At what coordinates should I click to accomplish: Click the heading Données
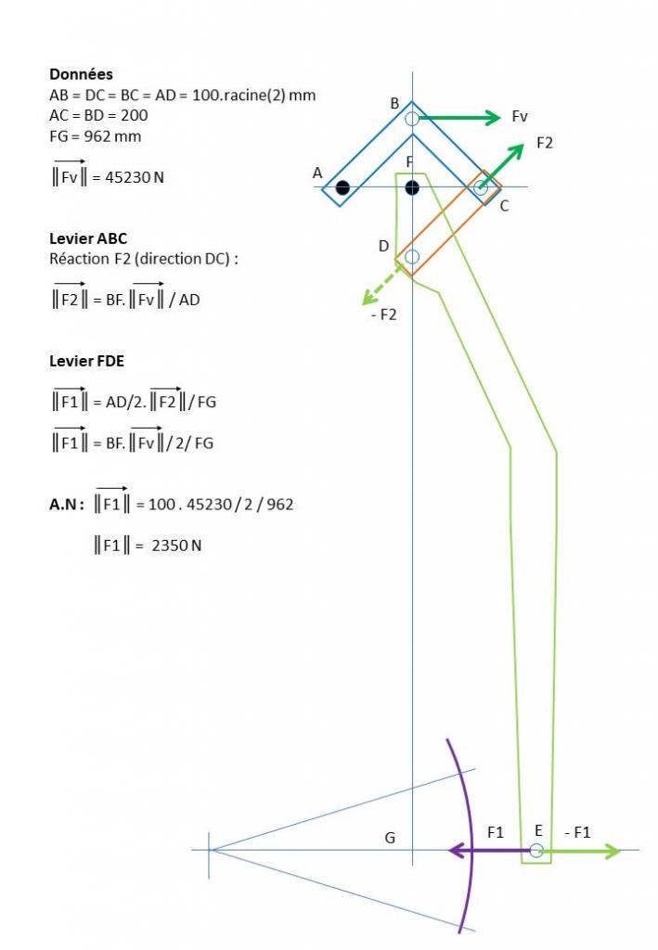click(81, 74)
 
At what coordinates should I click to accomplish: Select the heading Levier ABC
click(88, 238)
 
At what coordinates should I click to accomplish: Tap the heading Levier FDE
click(88, 361)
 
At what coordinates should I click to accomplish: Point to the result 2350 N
click(176, 546)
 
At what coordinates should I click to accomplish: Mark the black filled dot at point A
click(342, 188)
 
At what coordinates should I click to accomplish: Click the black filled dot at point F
click(412, 188)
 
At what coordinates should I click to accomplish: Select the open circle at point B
click(412, 118)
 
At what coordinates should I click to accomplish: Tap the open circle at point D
click(412, 256)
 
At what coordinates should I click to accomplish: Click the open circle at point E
click(536, 850)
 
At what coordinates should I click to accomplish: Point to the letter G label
click(390, 838)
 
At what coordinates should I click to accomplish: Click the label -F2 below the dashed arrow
click(383, 315)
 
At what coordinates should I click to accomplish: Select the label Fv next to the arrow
click(520, 117)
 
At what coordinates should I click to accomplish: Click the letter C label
click(504, 206)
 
